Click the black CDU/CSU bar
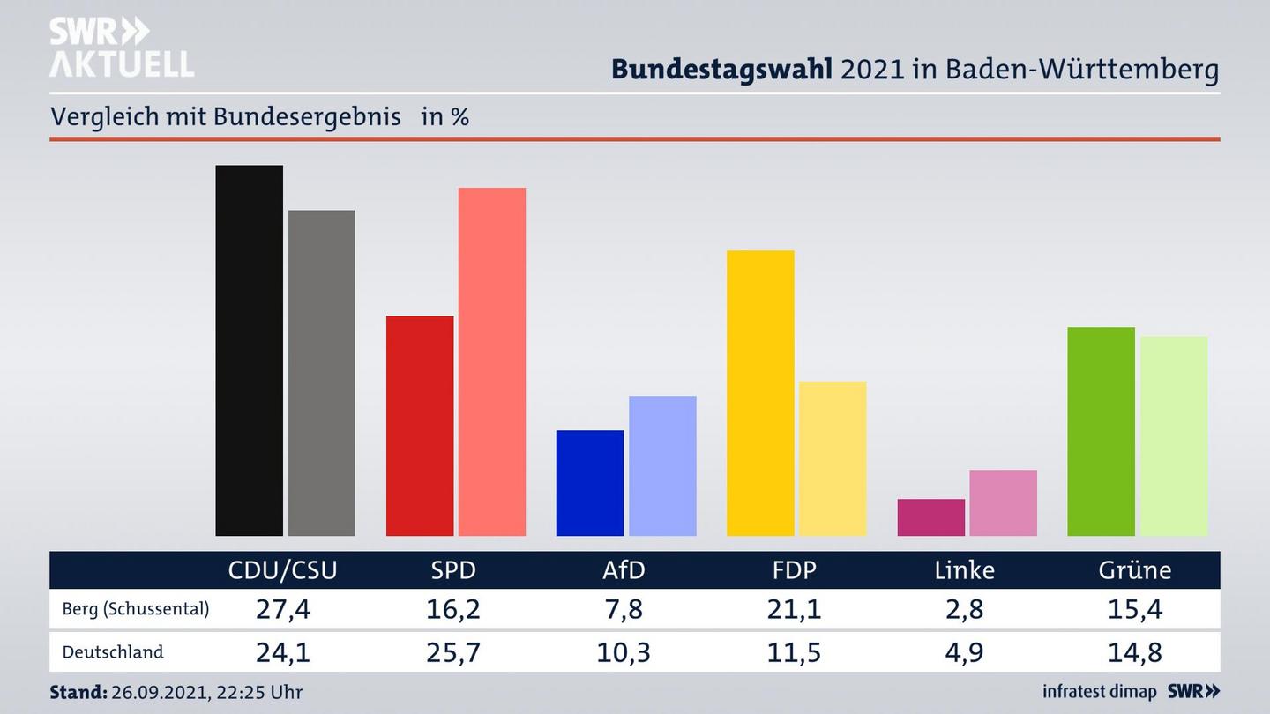249,350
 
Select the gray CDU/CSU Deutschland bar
321,372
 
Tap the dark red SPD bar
420,426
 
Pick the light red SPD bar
491,361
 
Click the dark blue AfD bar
589,482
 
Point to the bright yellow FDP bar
759,393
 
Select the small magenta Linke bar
930,517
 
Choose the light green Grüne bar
1173,435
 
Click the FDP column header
794,570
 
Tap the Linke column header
964,570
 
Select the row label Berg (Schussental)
136,608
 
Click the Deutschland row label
113,652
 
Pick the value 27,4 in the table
282,608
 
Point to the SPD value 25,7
453,652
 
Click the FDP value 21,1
794,608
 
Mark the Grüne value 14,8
1135,652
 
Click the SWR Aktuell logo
121,48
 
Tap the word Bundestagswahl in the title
721,69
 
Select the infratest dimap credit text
1099,691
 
